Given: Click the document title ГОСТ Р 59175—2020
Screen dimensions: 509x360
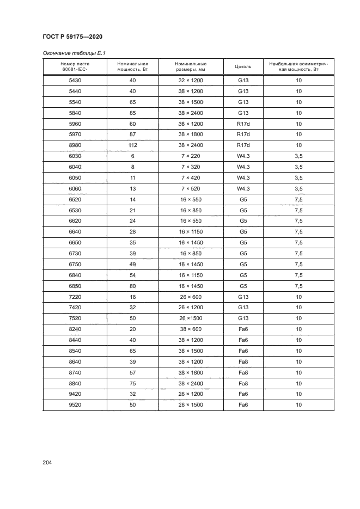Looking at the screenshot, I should [72, 36].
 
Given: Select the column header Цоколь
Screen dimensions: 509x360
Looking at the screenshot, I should [243, 67].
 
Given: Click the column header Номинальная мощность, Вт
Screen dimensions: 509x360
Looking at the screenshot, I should [132, 67].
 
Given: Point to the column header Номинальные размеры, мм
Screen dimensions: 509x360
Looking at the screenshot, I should [191, 67].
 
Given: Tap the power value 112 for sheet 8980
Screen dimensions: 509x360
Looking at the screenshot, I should [132, 145].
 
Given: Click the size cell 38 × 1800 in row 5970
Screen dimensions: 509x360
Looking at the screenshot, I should [191, 134].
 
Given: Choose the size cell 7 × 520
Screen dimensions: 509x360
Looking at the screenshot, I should [191, 188].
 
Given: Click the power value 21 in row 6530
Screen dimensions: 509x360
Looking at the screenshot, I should [132, 210].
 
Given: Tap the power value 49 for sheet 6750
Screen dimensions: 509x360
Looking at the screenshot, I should [132, 264].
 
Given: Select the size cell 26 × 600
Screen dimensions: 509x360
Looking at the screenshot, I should [191, 297].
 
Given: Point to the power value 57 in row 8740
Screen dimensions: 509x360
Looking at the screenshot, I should [132, 372].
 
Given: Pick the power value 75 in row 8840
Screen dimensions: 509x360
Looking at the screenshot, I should [132, 383].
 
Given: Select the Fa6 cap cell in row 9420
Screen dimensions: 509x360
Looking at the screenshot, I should [243, 394].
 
